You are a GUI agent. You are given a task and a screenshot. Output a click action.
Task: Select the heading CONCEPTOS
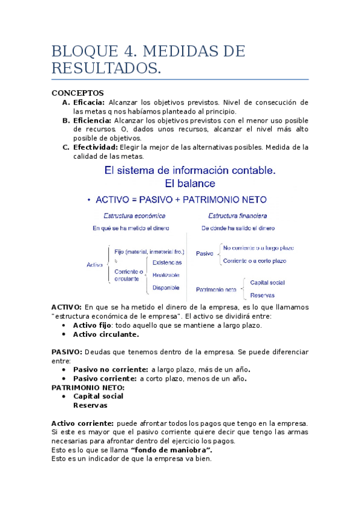[x=78, y=93]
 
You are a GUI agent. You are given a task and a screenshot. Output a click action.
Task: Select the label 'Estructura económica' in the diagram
[x=134, y=215]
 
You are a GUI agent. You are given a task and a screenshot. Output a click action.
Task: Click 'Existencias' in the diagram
[x=167, y=262]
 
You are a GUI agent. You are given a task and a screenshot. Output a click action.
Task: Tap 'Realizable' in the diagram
[x=166, y=275]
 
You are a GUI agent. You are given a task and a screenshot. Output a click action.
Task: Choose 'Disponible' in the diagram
[x=166, y=287]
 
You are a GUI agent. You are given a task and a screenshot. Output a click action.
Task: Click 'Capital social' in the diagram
[x=267, y=282]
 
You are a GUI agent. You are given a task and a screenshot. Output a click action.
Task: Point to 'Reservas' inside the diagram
[x=262, y=295]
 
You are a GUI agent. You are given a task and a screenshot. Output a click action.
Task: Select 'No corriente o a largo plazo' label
[x=258, y=248]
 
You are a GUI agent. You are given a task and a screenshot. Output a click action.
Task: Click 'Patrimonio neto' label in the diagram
[x=216, y=289]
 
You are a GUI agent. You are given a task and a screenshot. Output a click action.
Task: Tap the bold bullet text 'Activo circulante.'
[x=106, y=334]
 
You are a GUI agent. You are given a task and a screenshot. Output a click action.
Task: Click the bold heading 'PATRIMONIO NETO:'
[x=88, y=387]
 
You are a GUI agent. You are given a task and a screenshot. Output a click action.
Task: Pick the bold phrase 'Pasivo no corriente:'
[x=111, y=369]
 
